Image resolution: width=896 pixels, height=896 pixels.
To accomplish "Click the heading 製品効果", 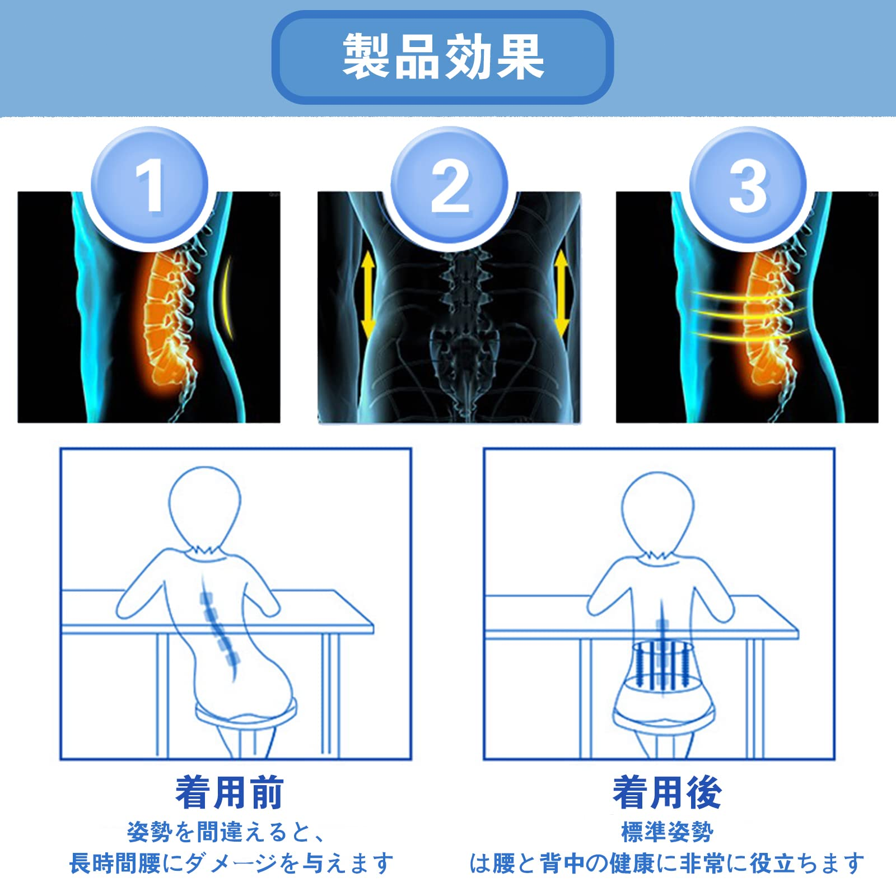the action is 443,56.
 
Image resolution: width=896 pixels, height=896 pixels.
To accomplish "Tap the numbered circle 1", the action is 150,185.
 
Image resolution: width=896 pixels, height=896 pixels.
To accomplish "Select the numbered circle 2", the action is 449,185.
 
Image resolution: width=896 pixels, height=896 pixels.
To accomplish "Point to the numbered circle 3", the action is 748,185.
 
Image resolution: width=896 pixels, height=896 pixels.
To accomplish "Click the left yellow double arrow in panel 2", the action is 367,294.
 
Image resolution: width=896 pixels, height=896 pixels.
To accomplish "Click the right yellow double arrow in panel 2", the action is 562,294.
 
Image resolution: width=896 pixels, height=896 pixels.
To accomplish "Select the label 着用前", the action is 230,792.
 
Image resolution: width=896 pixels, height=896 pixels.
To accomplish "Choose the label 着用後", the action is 667,792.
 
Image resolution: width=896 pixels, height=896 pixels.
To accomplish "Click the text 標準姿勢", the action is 667,832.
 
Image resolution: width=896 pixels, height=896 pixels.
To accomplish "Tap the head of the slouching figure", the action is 205,507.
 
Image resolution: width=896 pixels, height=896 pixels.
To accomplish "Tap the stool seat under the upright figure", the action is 664,720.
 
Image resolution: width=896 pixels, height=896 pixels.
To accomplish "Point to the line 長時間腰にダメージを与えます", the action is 231,864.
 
